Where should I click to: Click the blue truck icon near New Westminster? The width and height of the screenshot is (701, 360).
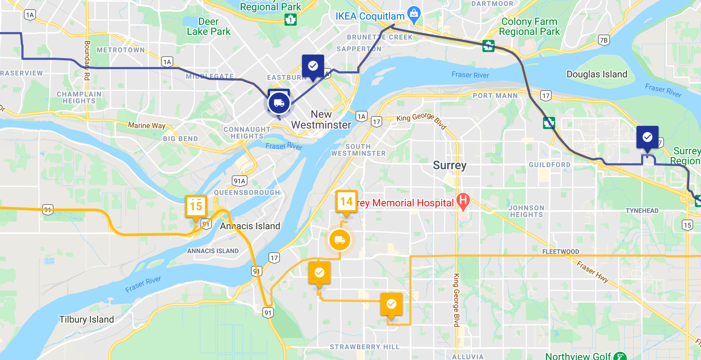[279, 103]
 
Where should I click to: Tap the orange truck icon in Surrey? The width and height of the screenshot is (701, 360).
[339, 240]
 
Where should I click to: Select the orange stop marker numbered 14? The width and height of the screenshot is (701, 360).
[346, 202]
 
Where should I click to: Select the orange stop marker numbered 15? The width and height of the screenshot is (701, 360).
[196, 206]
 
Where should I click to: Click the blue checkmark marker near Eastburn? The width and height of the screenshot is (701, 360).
[313, 66]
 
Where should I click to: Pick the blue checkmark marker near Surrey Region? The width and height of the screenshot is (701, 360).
[647, 137]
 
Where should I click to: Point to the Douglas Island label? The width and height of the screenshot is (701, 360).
[597, 74]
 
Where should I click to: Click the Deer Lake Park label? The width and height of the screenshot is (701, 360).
[209, 27]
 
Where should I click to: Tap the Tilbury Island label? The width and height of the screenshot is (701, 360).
[86, 319]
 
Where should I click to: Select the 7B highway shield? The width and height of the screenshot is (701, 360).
[603, 40]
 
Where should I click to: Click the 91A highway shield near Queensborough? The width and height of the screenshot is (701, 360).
[239, 181]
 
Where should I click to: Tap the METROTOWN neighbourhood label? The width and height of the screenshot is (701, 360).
[121, 50]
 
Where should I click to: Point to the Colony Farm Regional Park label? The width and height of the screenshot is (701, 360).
[529, 27]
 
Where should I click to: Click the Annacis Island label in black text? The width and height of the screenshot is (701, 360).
[250, 226]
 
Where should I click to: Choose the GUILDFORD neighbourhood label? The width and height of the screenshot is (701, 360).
[549, 165]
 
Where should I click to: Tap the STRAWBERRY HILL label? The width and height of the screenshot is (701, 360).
[364, 347]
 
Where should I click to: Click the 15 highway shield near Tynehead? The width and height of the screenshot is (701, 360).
[687, 225]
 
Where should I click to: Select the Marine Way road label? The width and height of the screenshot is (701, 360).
[147, 125]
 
